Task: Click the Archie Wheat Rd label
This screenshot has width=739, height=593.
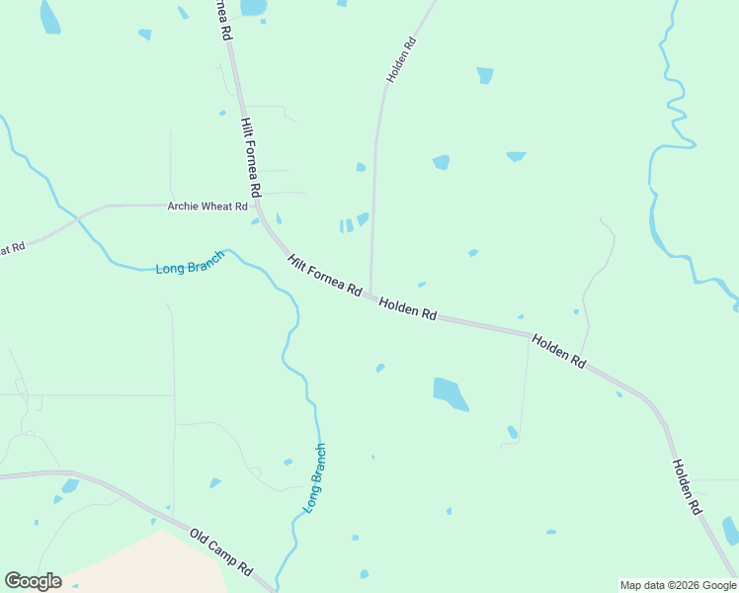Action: pyautogui.click(x=207, y=206)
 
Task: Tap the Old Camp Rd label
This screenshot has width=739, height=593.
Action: pyautogui.click(x=222, y=551)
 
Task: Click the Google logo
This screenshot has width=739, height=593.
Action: pyautogui.click(x=33, y=581)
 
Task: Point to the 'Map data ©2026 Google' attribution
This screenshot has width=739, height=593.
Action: pyautogui.click(x=678, y=585)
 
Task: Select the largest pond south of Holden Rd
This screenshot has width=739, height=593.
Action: pyautogui.click(x=450, y=392)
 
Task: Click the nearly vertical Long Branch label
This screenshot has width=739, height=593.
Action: pyautogui.click(x=313, y=477)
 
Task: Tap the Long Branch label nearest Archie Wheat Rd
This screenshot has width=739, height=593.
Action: pyautogui.click(x=190, y=262)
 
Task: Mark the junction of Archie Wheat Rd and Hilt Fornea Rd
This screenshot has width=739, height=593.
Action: pyautogui.click(x=258, y=206)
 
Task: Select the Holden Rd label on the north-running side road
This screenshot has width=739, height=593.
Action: pyautogui.click(x=401, y=60)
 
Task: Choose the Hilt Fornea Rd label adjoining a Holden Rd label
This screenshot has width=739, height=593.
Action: pyautogui.click(x=324, y=275)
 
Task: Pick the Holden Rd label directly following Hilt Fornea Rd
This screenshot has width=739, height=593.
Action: pyautogui.click(x=407, y=308)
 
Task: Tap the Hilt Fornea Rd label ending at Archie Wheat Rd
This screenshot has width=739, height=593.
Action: pyautogui.click(x=250, y=157)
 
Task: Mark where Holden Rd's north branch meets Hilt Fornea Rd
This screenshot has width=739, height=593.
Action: pyautogui.click(x=370, y=293)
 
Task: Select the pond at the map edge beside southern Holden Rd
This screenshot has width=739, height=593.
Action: pyautogui.click(x=730, y=530)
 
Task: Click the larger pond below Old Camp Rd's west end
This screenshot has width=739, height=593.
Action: pyautogui.click(x=69, y=485)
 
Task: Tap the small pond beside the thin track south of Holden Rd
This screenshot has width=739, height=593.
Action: pyautogui.click(x=512, y=432)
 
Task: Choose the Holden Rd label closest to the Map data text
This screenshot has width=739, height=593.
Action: pyautogui.click(x=686, y=486)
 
